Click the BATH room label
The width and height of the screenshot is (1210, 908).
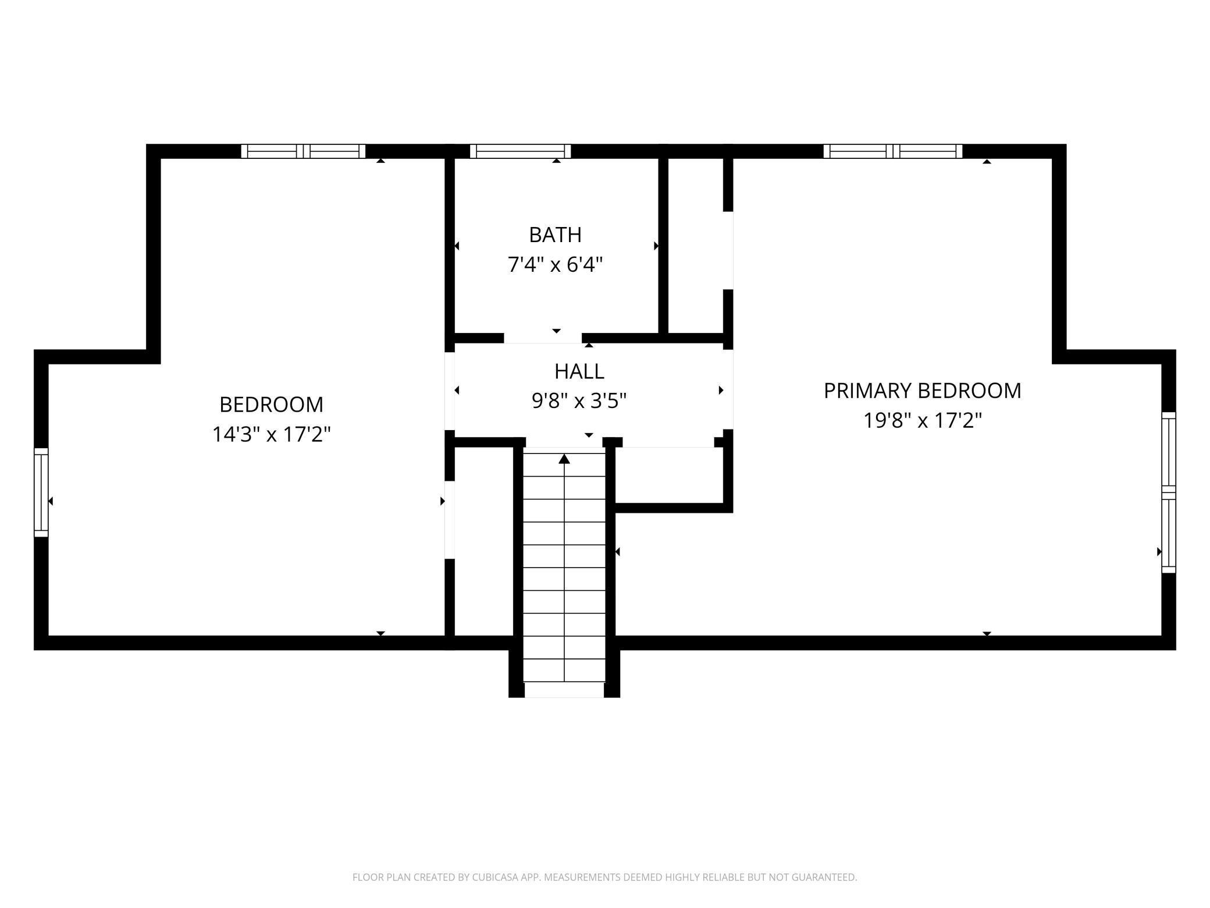click(x=555, y=235)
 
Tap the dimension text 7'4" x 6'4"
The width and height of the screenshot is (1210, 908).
click(x=555, y=265)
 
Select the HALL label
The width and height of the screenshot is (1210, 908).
click(x=579, y=371)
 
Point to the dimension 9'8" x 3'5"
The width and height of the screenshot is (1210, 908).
click(x=579, y=401)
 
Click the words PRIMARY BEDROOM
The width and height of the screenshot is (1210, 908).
click(x=922, y=391)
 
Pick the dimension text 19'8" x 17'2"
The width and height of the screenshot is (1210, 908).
click(x=922, y=420)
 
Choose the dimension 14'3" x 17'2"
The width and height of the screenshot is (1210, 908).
click(x=271, y=434)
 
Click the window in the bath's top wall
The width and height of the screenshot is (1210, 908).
click(x=520, y=151)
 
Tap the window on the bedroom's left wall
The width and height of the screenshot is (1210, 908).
click(x=41, y=492)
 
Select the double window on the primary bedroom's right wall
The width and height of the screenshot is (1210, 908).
click(x=1169, y=492)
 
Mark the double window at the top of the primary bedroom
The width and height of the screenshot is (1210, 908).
click(x=893, y=151)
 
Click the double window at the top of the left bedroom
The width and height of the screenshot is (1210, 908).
click(x=303, y=151)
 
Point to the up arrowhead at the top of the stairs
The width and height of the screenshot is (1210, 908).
click(x=564, y=460)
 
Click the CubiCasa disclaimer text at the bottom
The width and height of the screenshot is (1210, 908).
click(x=604, y=877)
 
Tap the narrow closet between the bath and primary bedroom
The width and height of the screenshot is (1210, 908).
click(x=695, y=244)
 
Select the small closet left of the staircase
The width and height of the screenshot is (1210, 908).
click(x=483, y=541)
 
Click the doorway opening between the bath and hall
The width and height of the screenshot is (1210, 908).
click(x=543, y=338)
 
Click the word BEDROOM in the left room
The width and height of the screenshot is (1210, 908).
click(x=271, y=405)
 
